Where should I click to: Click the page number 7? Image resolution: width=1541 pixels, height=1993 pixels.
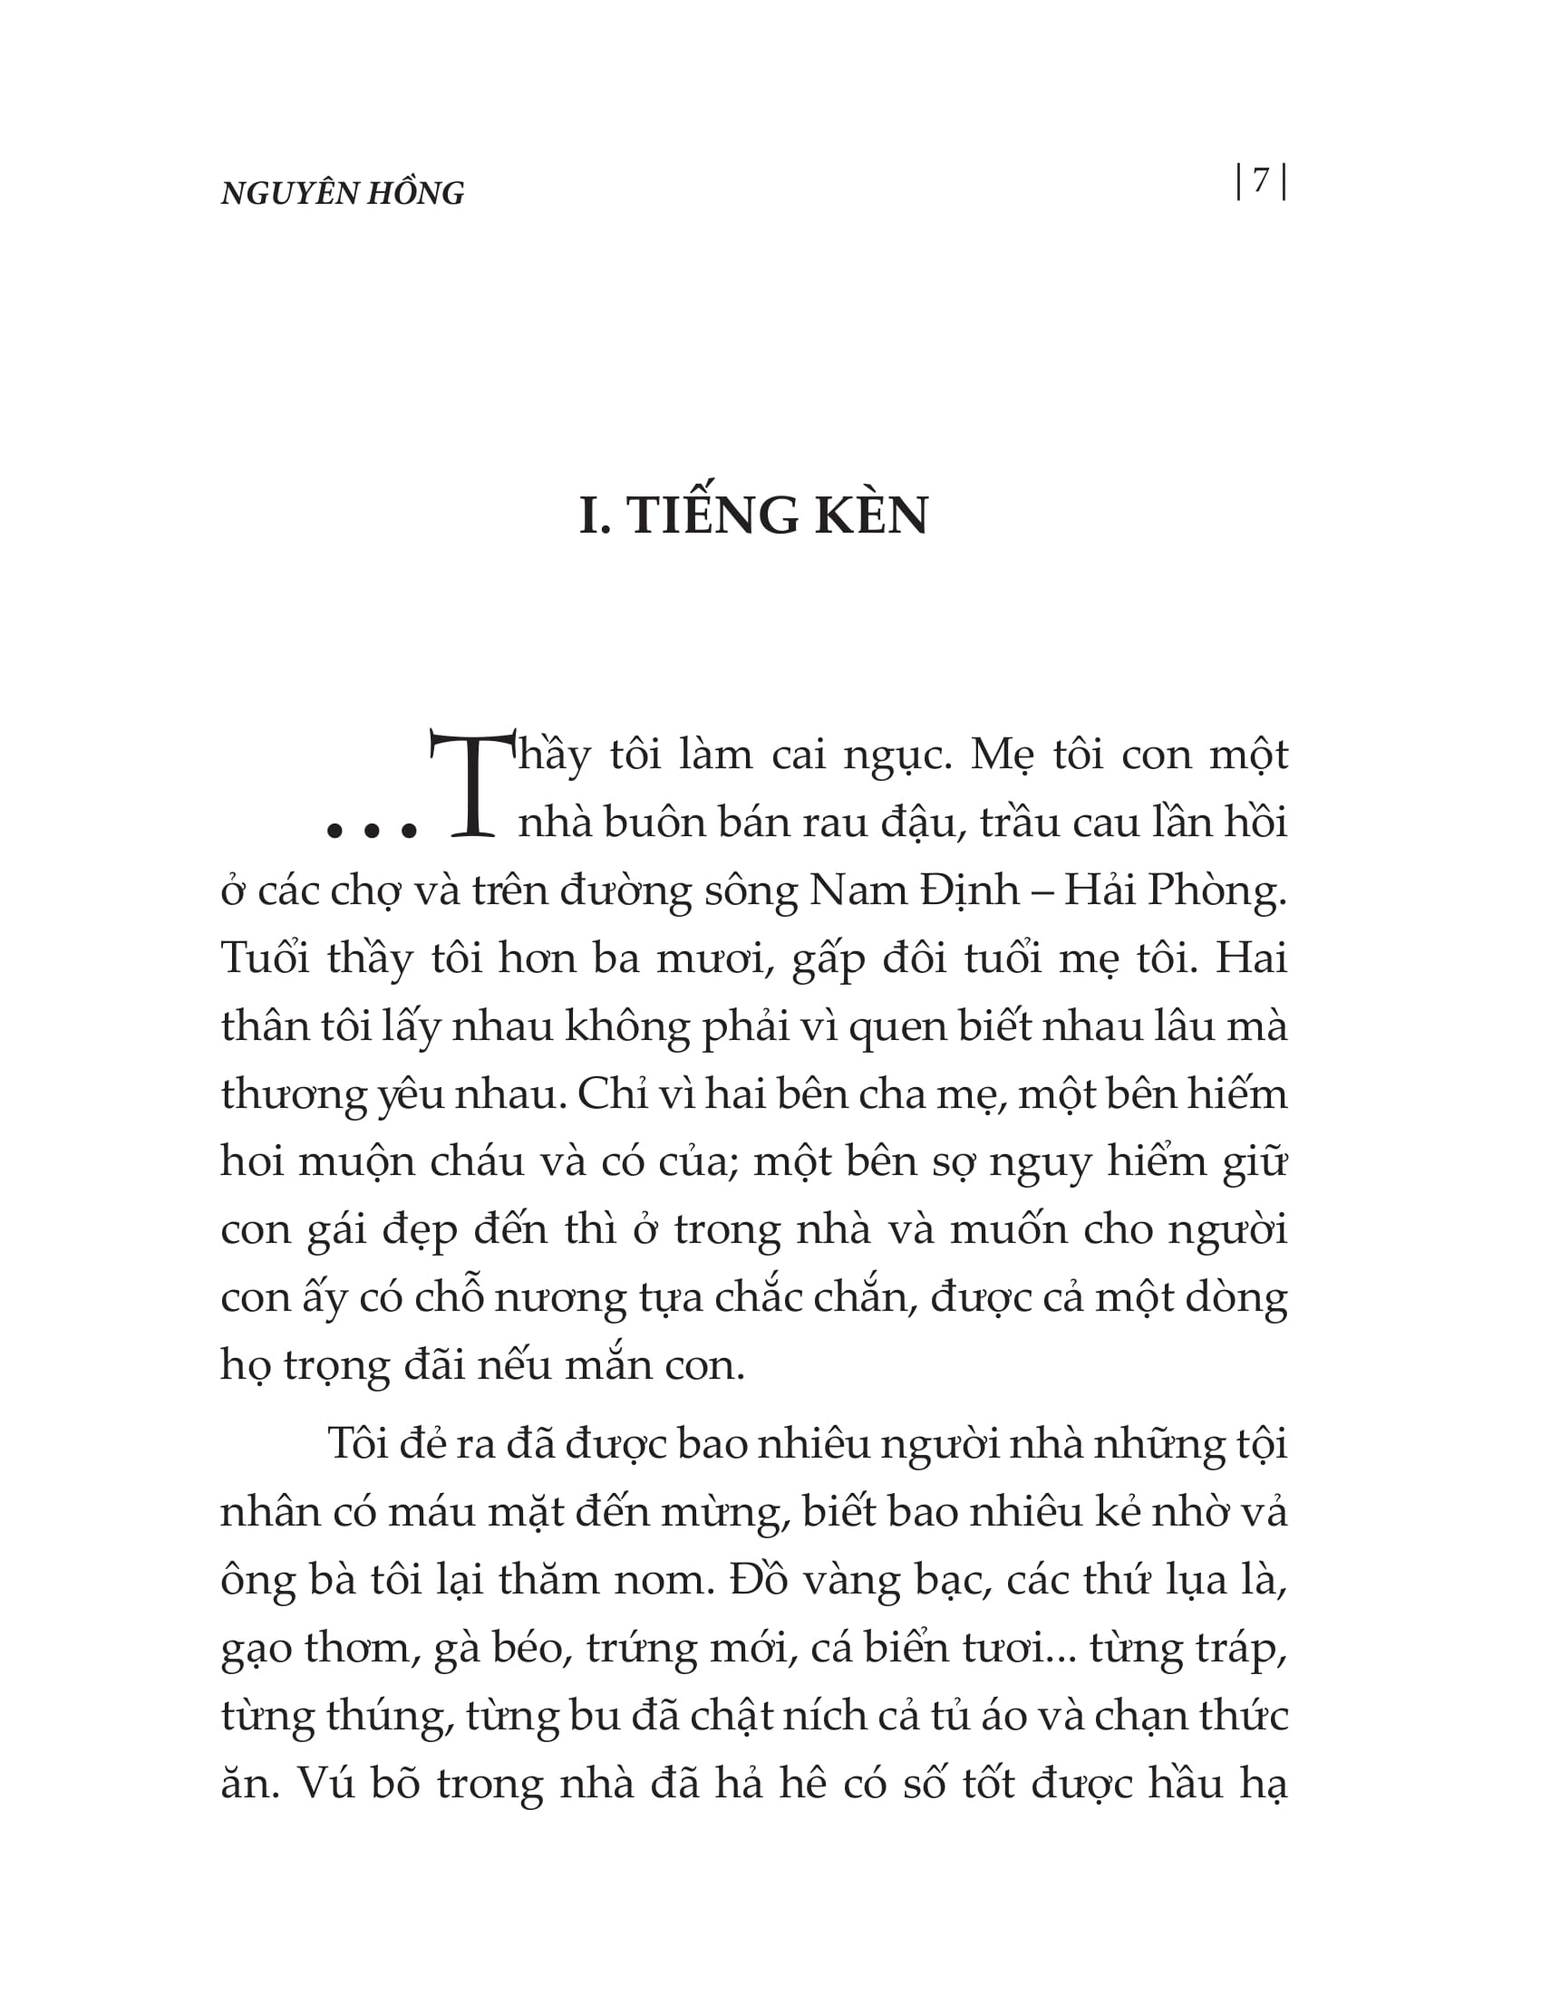click(1261, 180)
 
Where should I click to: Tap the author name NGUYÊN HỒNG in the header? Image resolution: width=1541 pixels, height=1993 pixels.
click(343, 194)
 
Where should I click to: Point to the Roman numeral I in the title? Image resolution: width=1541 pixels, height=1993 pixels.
click(592, 515)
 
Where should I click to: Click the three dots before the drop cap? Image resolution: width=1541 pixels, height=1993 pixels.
click(372, 831)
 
